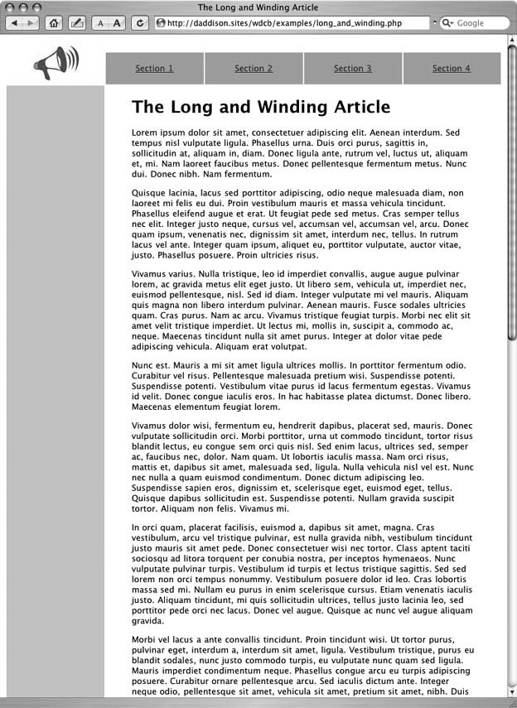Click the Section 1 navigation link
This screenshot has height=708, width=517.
[x=154, y=69]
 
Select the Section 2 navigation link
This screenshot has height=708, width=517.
[x=254, y=69]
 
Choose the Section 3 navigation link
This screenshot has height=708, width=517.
[x=353, y=69]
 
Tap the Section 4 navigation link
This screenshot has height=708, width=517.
[x=452, y=69]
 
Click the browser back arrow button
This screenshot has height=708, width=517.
[x=14, y=23]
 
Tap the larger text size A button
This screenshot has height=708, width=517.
[x=117, y=23]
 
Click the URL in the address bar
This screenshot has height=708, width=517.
[x=284, y=23]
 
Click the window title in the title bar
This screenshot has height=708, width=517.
[x=258, y=7]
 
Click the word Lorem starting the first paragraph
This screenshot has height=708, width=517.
[x=144, y=132]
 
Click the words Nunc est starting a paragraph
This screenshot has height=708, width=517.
[x=151, y=365]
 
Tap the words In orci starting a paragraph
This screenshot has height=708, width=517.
[x=148, y=527]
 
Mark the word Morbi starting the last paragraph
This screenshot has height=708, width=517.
[x=144, y=640]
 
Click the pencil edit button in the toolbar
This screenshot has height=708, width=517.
[x=78, y=23]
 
